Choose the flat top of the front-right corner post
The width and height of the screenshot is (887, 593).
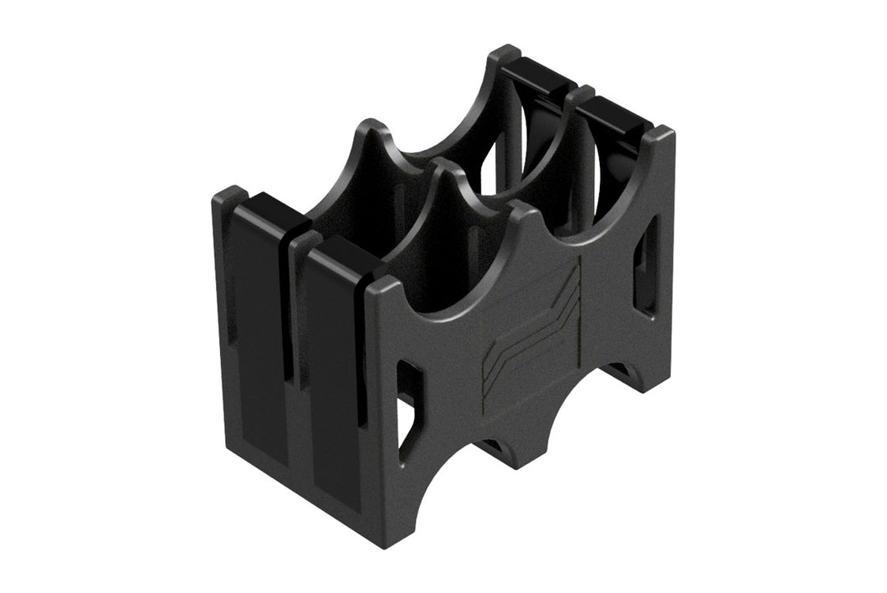pyautogui.click(x=661, y=134)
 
